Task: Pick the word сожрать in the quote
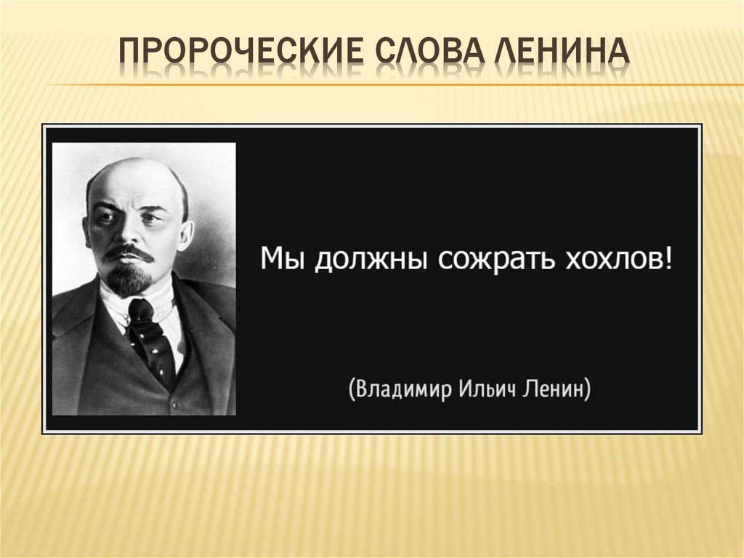click(x=496, y=261)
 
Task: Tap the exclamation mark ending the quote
click(x=668, y=259)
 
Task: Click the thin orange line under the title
click(x=395, y=85)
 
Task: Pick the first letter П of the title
click(x=129, y=51)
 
